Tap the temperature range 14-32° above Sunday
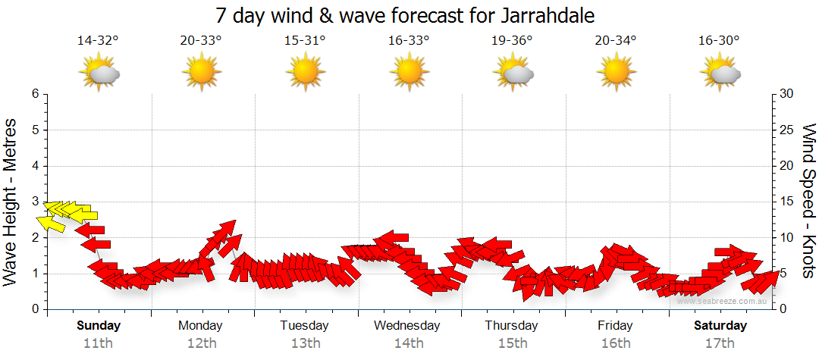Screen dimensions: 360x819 (98, 41)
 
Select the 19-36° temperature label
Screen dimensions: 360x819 (512, 41)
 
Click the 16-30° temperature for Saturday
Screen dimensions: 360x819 (719, 41)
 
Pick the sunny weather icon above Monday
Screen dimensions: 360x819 (202, 73)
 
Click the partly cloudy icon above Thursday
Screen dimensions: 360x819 (513, 73)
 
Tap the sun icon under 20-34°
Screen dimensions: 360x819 (616, 73)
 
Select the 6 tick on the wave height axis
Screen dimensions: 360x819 (35, 94)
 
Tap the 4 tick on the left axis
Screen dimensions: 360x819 (35, 166)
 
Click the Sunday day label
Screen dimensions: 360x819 (99, 326)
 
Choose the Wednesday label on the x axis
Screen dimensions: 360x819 (408, 326)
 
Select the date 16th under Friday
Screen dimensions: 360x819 (615, 343)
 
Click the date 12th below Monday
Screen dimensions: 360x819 (201, 343)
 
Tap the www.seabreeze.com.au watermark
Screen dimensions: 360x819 (723, 301)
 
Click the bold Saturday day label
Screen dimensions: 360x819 (720, 326)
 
